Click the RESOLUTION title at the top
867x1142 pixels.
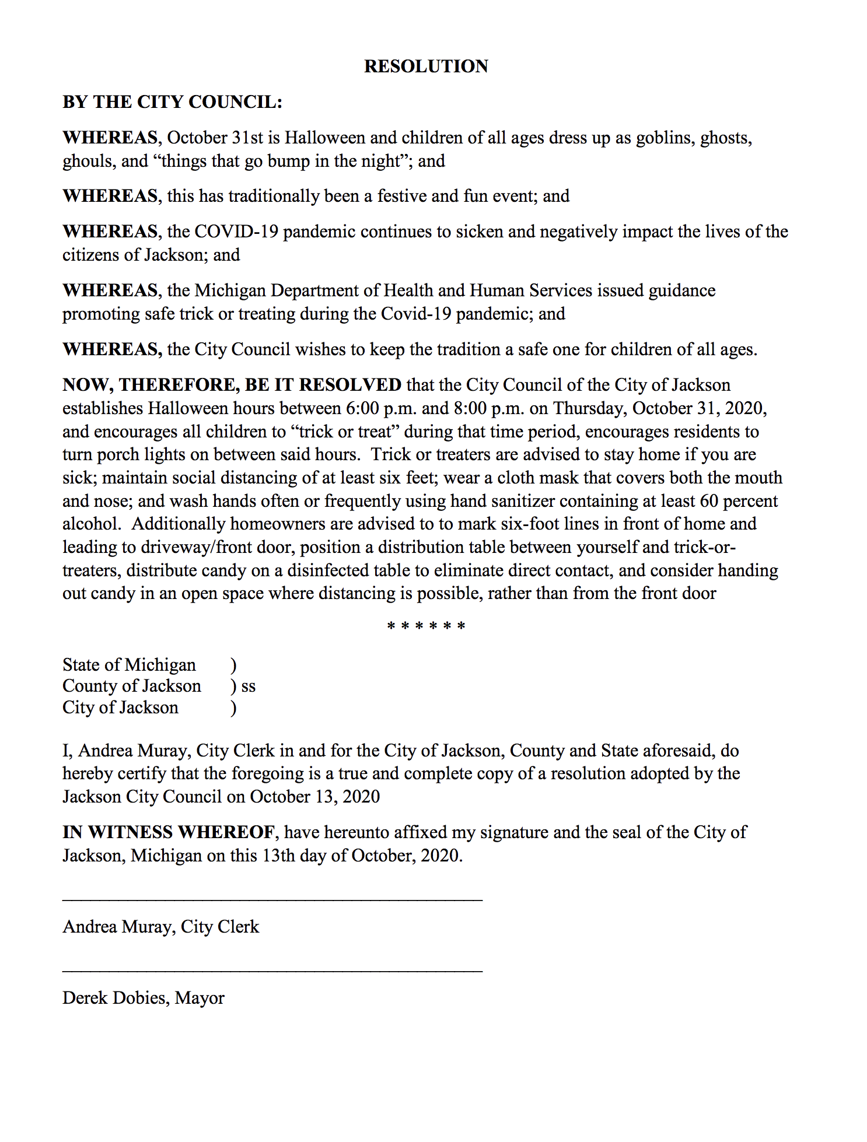click(426, 66)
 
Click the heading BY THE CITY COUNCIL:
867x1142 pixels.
click(172, 102)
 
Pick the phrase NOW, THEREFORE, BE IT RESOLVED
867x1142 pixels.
click(232, 385)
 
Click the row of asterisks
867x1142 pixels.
click(426, 627)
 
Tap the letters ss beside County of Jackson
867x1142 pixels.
click(249, 686)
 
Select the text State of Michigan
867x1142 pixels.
click(129, 665)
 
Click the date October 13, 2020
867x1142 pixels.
click(315, 797)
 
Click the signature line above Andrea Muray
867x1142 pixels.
click(272, 901)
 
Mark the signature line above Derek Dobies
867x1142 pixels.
click(272, 971)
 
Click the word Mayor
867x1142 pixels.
click(200, 998)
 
